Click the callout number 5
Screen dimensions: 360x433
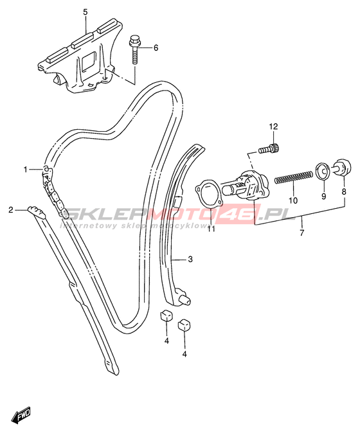pos(85,12)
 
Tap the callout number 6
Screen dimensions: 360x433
pos(156,48)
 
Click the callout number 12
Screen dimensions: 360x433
pos(273,127)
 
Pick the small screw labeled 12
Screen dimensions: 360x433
pos(269,149)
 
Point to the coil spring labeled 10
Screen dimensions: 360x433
pos(293,177)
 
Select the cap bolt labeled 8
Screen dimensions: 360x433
pos(343,166)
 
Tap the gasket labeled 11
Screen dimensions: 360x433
pos(208,195)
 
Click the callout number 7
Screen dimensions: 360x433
pos(301,233)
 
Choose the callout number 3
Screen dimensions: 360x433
pos(190,260)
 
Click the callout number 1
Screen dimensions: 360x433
pos(26,169)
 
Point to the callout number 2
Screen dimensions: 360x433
pos(11,210)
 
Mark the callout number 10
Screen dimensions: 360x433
pos(293,200)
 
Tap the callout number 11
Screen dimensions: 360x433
pos(212,229)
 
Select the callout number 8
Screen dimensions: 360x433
pos(344,191)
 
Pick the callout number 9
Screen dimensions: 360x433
pos(323,196)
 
